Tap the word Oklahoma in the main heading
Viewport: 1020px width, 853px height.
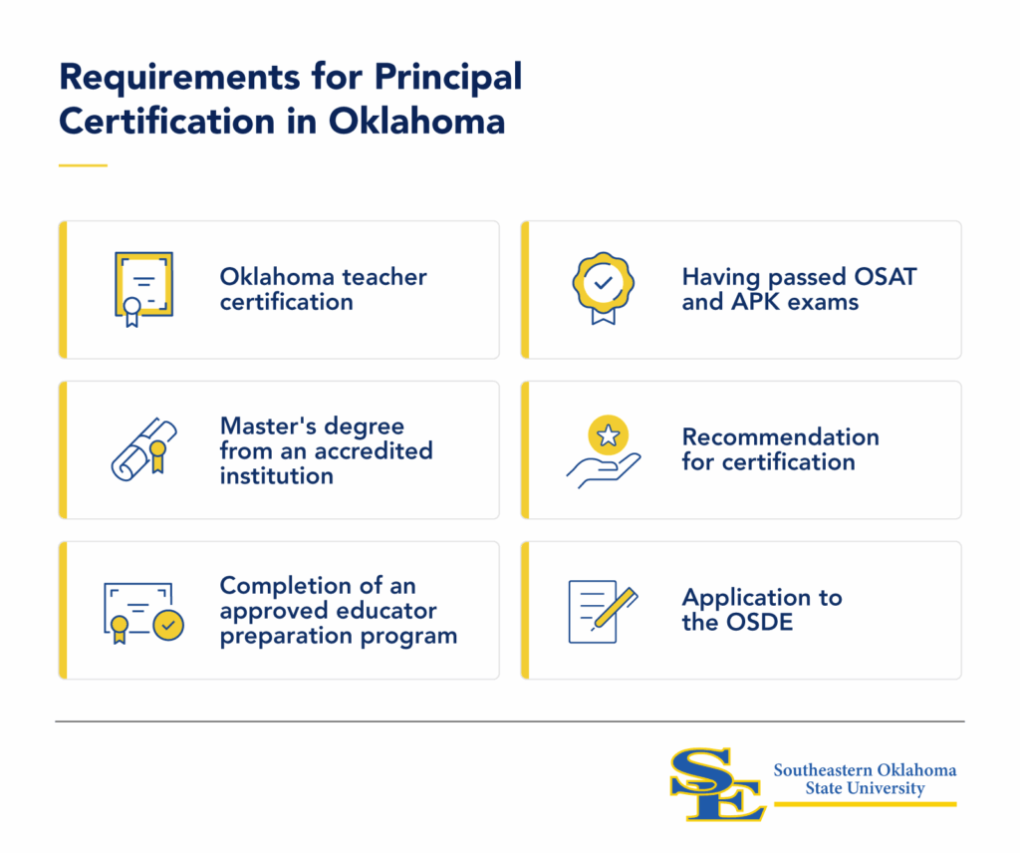[416, 121]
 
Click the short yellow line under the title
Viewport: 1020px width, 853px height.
[83, 165]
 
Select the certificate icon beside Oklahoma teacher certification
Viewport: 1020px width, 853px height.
[143, 289]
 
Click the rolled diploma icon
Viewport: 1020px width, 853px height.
[143, 449]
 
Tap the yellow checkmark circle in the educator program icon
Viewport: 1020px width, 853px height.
[168, 625]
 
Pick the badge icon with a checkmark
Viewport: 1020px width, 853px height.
[603, 288]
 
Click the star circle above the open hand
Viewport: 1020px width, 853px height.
[609, 434]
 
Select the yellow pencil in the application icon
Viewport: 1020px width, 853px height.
[615, 608]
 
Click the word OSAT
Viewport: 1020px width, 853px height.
[885, 276]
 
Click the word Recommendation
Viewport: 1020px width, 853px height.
[781, 436]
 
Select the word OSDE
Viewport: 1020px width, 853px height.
[760, 622]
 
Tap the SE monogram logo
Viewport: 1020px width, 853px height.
[717, 784]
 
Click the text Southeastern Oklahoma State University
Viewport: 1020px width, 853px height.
[865, 779]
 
